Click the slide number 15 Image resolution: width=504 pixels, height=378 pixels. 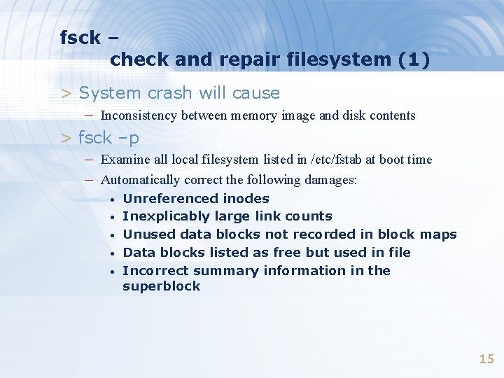(486, 359)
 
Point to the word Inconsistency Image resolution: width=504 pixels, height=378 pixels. (139, 115)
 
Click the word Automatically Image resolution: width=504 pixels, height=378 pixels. (143, 180)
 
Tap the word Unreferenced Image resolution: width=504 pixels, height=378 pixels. (160, 199)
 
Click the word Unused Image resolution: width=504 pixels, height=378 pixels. (145, 234)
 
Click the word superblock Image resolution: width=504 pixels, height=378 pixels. (161, 286)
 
